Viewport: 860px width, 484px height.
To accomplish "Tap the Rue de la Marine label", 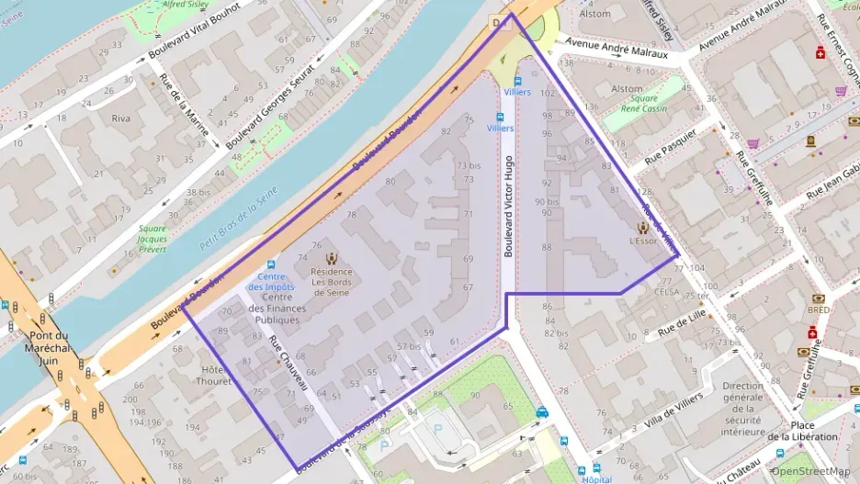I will pos(185,104).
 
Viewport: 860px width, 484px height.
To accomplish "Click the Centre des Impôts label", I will pos(274,283).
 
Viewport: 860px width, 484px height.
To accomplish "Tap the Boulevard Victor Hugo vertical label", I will pos(508,205).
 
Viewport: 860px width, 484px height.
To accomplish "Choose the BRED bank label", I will pos(817,310).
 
